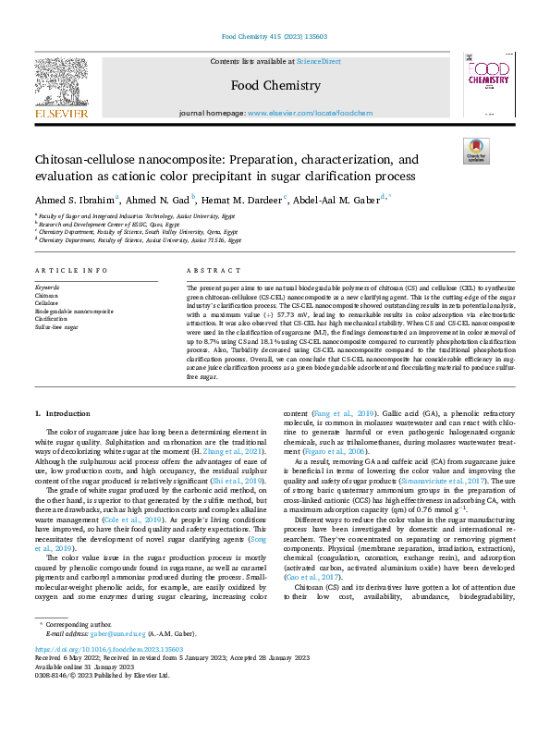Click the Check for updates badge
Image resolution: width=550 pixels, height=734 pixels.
pos(474,152)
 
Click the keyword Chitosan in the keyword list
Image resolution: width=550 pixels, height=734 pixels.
pos(46,296)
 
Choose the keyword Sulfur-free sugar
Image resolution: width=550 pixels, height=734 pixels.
pos(56,327)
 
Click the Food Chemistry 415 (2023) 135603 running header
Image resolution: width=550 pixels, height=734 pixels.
pos(275,38)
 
